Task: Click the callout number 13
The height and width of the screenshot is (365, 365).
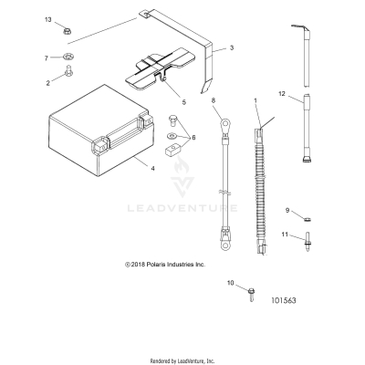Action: [48, 19]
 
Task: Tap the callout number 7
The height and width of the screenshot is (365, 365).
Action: [47, 57]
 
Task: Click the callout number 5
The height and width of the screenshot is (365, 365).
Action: [182, 101]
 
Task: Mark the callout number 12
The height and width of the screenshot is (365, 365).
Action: [282, 94]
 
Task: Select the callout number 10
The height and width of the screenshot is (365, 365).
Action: [230, 284]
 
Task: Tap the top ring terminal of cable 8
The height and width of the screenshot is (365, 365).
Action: [222, 116]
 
